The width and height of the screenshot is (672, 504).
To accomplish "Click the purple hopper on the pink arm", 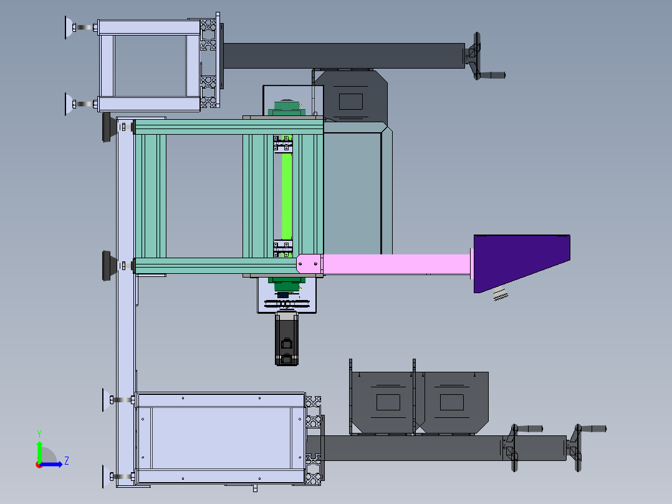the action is click(519, 259).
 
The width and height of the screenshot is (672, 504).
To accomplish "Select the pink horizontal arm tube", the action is click(396, 264).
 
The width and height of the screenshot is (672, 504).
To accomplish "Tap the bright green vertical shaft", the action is click(287, 195).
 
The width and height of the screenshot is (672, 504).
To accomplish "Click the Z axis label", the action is click(67, 461).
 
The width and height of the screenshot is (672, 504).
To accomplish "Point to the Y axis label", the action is click(39, 434).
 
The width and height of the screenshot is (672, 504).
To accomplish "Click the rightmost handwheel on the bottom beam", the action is click(585, 447).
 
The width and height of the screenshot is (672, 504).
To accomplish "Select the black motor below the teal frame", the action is click(286, 339).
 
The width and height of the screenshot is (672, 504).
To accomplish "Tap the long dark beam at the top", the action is click(343, 56).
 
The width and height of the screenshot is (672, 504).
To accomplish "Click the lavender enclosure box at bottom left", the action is click(220, 438).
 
